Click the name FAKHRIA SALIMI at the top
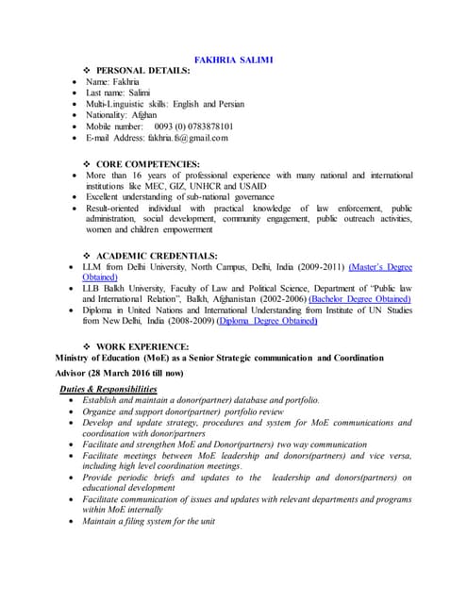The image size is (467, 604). (x=233, y=59)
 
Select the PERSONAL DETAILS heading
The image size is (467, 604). (x=142, y=72)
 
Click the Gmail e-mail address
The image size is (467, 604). (x=187, y=138)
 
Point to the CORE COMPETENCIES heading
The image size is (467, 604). (x=148, y=164)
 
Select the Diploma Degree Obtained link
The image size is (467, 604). (x=267, y=321)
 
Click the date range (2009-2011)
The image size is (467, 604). (x=315, y=268)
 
